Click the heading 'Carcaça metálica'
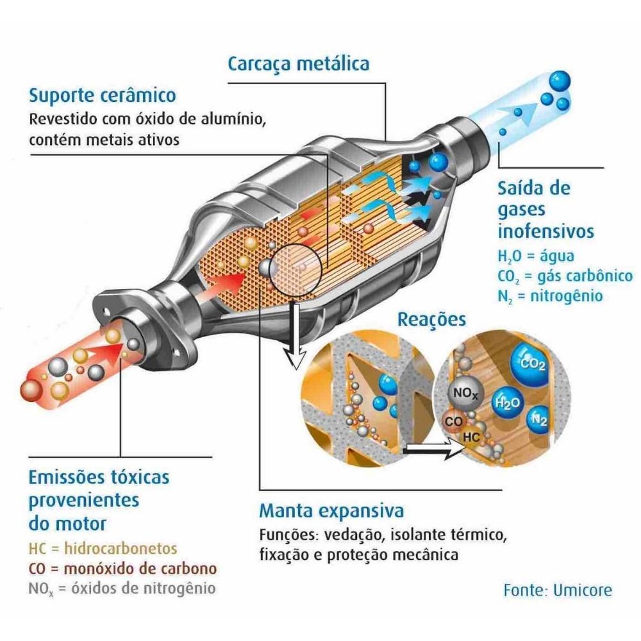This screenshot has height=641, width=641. (299, 65)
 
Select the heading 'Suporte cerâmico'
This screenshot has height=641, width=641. (102, 96)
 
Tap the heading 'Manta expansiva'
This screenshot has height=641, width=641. (331, 512)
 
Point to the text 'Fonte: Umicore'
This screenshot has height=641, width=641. (558, 590)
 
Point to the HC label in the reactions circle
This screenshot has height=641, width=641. (471, 437)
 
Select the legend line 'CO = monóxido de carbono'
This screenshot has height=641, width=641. (122, 569)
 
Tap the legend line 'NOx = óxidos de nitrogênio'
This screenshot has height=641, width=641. (122, 588)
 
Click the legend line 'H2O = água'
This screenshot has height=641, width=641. (535, 256)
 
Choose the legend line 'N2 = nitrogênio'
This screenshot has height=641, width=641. (550, 296)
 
